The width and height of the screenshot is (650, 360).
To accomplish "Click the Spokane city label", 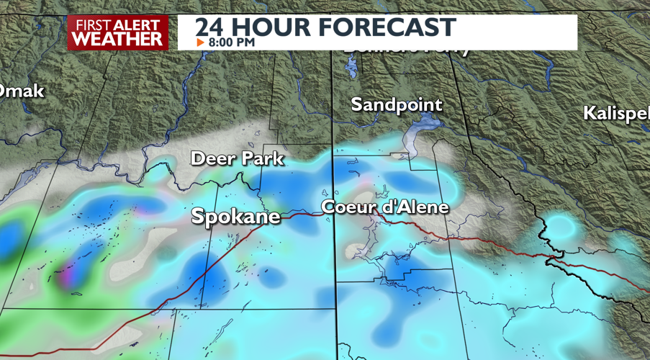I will point(235,216).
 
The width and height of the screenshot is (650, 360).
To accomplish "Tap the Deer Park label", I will point(237,158).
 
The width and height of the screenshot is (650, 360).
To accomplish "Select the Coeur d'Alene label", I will point(385,207).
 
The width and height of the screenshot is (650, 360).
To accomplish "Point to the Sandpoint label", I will point(397,104).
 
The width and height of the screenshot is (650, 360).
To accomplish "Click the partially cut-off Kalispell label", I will point(616,113).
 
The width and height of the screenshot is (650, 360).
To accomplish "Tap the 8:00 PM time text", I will point(231,42).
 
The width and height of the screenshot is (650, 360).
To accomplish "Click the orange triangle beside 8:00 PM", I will point(200,42).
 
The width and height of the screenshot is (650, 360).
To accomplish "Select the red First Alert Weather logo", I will point(118,32).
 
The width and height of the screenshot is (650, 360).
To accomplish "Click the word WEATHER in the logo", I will point(118,40).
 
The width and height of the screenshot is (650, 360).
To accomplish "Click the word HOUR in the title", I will point(270,27).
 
